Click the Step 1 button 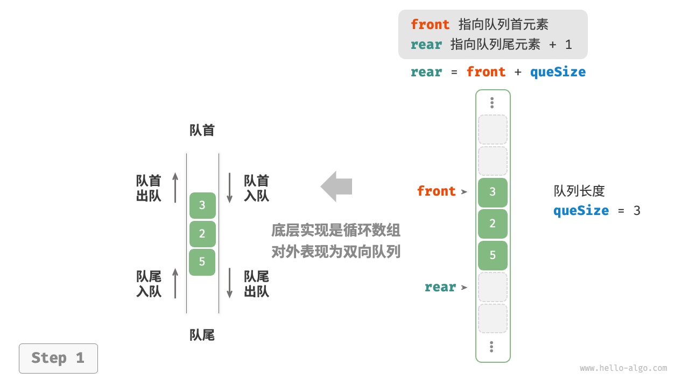[58, 359]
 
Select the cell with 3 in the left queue [202, 205]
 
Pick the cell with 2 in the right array [493, 224]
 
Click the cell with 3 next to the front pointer [493, 192]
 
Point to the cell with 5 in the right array [493, 255]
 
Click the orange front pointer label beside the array [436, 191]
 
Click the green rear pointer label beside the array [440, 287]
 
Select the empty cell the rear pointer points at [493, 287]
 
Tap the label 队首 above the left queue [202, 131]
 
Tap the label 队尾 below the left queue [202, 335]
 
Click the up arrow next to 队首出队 [175, 188]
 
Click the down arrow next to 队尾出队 [230, 283]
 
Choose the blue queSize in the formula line [558, 72]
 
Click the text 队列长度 [579, 191]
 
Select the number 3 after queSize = [637, 211]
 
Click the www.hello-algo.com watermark [623, 368]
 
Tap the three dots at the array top [492, 103]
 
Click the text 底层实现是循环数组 [336, 231]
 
